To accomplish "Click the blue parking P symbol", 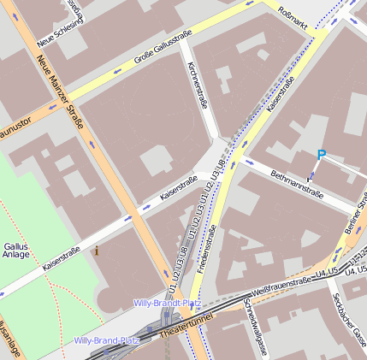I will coord(322,155).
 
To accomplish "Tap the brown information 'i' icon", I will coord(98,251).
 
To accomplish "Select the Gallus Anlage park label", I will coord(15,250).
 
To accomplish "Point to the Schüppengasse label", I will coord(256,325).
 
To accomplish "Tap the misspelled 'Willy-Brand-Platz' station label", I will coord(106,340).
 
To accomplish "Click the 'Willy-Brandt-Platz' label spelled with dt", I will coord(167,303).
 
